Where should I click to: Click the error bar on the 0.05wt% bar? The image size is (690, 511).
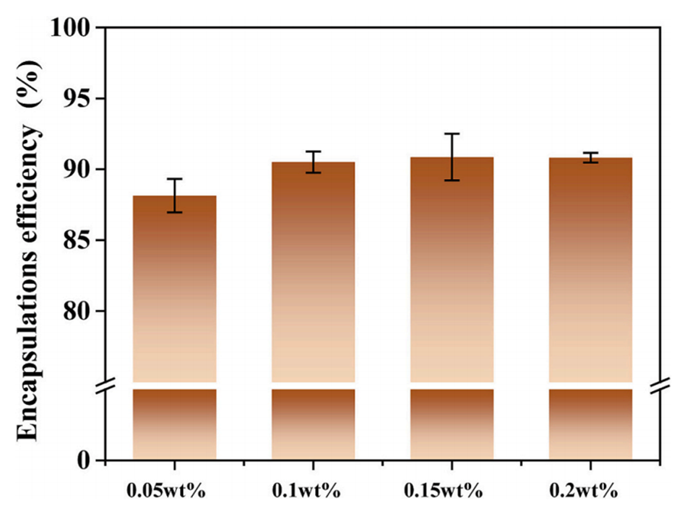(174, 195)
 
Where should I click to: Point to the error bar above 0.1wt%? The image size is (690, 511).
(313, 162)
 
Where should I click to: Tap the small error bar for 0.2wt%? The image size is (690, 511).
(591, 157)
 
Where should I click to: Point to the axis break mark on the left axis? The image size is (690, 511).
(105, 386)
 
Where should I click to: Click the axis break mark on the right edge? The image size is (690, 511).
(659, 386)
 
